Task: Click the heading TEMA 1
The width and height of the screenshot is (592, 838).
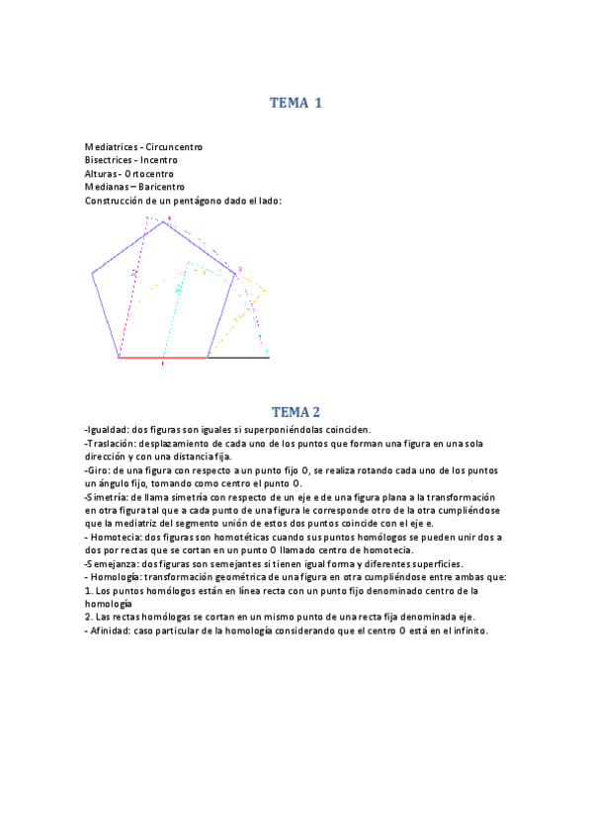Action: click(x=296, y=102)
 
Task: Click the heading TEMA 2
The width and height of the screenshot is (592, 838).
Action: click(x=296, y=412)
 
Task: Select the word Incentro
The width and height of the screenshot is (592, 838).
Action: click(x=159, y=160)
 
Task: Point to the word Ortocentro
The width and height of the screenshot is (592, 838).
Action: click(x=149, y=173)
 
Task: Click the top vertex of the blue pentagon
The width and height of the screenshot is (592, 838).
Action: click(x=163, y=221)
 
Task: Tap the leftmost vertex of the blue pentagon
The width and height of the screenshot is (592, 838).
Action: click(x=92, y=273)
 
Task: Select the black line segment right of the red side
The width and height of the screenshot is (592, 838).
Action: click(x=238, y=358)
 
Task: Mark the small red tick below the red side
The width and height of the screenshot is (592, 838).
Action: click(x=163, y=364)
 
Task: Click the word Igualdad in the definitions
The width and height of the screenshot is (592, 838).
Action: click(x=107, y=430)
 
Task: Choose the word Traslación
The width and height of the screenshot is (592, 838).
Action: click(x=111, y=443)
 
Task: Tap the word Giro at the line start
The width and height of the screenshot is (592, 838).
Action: click(x=97, y=470)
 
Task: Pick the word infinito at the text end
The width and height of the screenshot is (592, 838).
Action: click(x=468, y=630)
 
